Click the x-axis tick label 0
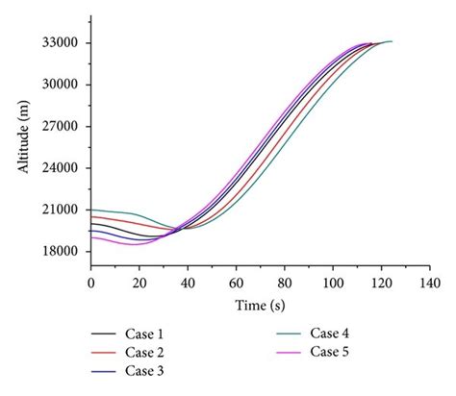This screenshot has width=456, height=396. (x=90, y=283)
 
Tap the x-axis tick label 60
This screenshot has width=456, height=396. (x=236, y=283)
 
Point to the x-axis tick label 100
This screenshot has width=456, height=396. (x=333, y=283)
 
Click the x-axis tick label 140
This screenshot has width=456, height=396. (x=430, y=283)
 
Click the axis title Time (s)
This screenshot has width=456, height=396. (x=260, y=304)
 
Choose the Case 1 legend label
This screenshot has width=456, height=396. (x=144, y=334)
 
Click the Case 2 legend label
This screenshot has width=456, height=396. (x=144, y=352)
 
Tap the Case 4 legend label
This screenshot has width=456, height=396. (x=329, y=334)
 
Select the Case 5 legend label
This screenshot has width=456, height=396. (x=329, y=352)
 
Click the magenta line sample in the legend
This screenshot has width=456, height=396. (x=289, y=352)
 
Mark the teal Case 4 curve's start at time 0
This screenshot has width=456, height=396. (x=91, y=210)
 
